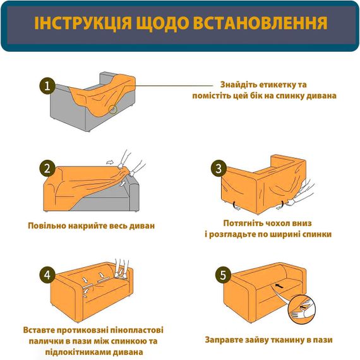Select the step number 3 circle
coord(219,169)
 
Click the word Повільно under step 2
coord(49,225)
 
